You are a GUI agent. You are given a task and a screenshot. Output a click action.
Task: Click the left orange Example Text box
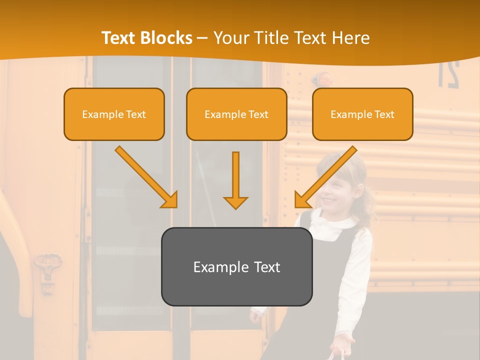tap(114, 114)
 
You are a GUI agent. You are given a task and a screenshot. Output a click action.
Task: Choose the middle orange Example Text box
tap(236, 114)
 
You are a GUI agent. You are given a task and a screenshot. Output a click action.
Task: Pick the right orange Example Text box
tap(362, 114)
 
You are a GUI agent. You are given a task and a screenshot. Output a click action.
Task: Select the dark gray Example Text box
tap(236, 266)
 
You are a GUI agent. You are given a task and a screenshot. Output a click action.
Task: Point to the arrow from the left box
tap(147, 177)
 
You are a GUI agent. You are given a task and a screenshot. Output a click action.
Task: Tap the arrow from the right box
tap(325, 177)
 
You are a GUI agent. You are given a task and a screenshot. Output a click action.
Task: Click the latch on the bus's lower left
tap(48, 270)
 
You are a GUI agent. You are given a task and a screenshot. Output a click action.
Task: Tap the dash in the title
tap(202, 38)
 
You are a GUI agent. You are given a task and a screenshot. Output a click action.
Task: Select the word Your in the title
tap(231, 38)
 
